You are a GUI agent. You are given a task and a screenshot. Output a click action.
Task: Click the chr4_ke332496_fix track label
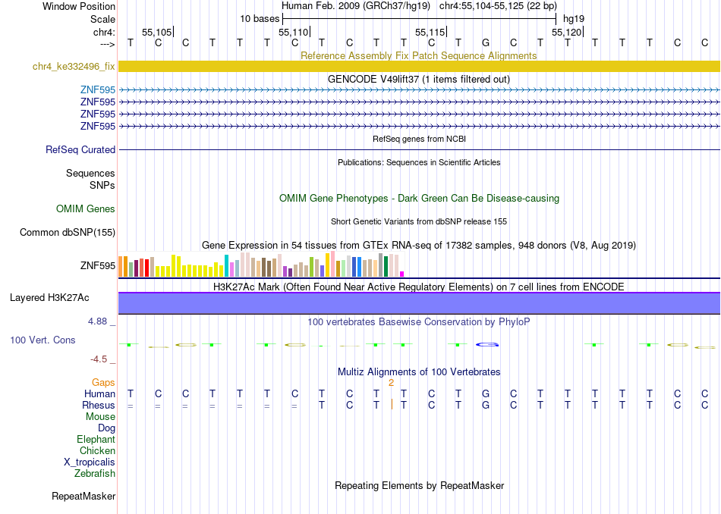74,67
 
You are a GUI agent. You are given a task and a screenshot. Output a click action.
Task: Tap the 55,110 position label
294,32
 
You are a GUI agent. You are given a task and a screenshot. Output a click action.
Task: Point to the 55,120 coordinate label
566,32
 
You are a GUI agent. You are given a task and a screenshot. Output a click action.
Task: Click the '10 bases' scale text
260,19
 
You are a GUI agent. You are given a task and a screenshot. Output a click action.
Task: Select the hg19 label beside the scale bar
574,19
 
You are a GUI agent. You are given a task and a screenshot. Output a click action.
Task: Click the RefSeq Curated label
80,150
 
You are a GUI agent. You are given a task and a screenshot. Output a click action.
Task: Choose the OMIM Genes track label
86,209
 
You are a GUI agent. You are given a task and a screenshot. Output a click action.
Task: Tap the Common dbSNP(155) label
68,233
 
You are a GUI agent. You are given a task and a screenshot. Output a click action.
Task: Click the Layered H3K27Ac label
49,298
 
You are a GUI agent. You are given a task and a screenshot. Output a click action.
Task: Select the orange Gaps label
103,383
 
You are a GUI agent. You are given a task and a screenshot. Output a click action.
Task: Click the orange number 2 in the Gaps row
391,383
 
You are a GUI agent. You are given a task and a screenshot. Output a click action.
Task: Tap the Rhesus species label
99,405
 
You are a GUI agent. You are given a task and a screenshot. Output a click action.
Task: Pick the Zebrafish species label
95,474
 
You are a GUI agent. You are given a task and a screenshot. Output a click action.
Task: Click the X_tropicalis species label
90,462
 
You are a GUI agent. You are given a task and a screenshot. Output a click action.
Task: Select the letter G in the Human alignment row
486,393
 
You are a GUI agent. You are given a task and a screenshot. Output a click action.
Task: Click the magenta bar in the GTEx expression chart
402,274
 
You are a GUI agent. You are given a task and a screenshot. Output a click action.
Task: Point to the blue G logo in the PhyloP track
487,344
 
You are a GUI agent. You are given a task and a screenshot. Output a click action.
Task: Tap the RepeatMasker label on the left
83,497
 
